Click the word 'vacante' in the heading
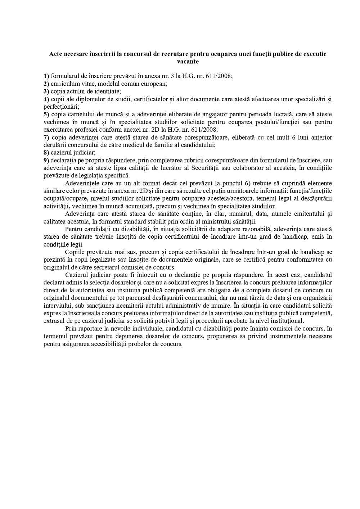(x=188, y=62)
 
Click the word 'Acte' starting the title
(x=55, y=54)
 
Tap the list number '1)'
(x=46, y=76)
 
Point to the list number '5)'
(x=46, y=114)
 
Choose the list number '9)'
(x=46, y=160)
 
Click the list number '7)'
(x=46, y=138)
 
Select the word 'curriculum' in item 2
(x=64, y=84)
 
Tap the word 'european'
(x=155, y=84)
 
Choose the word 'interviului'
(x=57, y=305)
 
